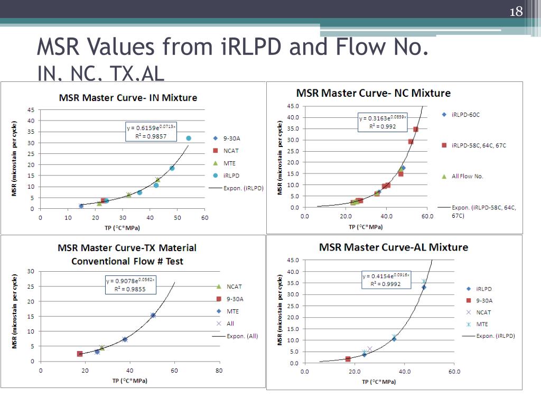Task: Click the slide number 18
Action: click(516, 12)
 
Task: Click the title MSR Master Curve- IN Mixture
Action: click(128, 98)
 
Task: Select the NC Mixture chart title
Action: click(374, 94)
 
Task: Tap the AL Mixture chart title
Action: click(394, 247)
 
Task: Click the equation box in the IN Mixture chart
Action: click(151, 132)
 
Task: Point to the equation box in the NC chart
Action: click(383, 123)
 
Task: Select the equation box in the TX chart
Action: click(130, 285)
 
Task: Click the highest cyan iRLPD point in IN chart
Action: click(188, 139)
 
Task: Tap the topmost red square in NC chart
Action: click(416, 129)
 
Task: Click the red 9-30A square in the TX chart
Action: click(80, 354)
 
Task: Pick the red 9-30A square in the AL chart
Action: click(348, 359)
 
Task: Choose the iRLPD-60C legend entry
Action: click(465, 114)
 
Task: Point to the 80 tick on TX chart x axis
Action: click(219, 371)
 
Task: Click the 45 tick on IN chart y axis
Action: click(31, 110)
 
